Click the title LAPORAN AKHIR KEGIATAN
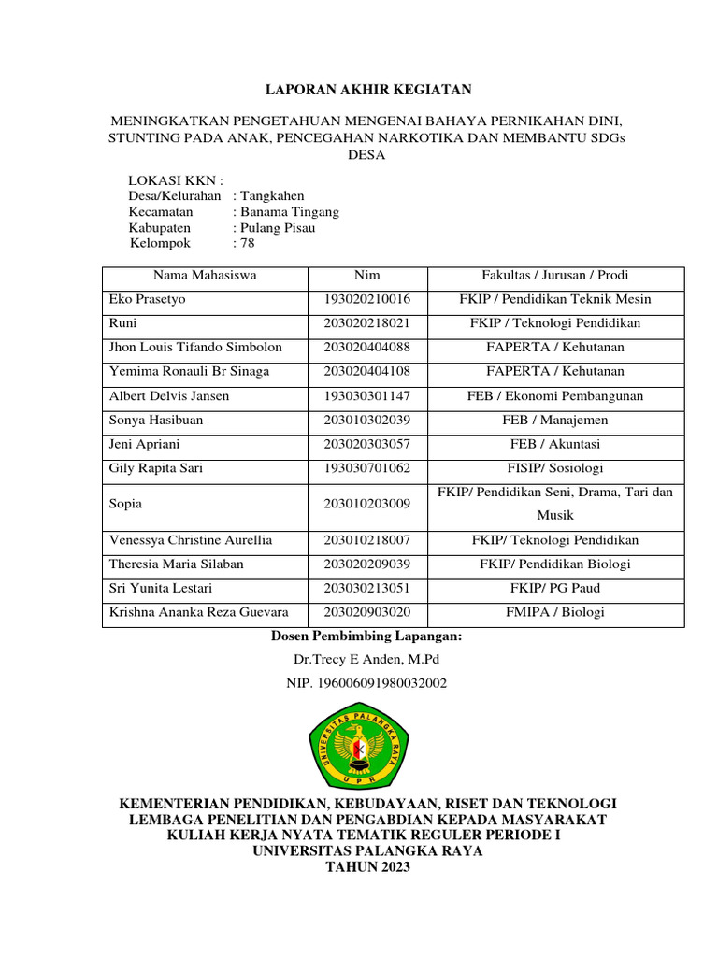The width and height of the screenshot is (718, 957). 367,90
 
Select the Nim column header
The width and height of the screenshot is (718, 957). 367,276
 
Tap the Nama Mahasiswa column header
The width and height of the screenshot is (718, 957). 205,276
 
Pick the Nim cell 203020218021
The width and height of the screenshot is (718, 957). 367,323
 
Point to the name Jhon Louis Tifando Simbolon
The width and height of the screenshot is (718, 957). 196,348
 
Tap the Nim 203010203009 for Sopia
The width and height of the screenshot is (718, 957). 367,504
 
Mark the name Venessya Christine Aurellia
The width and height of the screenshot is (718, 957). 191,540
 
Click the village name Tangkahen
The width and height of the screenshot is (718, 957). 272,196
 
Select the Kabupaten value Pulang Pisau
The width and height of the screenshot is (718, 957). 278,227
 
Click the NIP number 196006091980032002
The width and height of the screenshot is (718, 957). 366,683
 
